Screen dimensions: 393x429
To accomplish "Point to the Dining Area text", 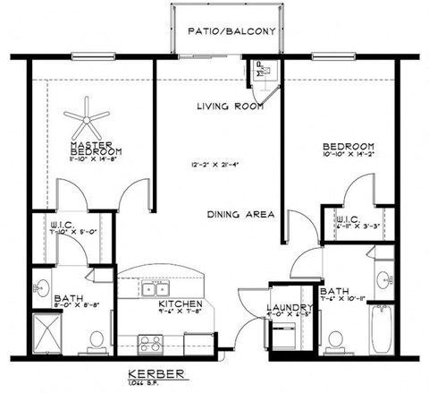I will [x=240, y=215].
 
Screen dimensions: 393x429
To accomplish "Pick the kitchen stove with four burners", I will [x=151, y=343].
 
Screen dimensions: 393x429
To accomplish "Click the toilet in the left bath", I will [x=97, y=340].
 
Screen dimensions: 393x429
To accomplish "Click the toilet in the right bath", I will [x=335, y=340].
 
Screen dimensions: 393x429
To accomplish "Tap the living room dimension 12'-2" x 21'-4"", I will [x=214, y=165].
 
